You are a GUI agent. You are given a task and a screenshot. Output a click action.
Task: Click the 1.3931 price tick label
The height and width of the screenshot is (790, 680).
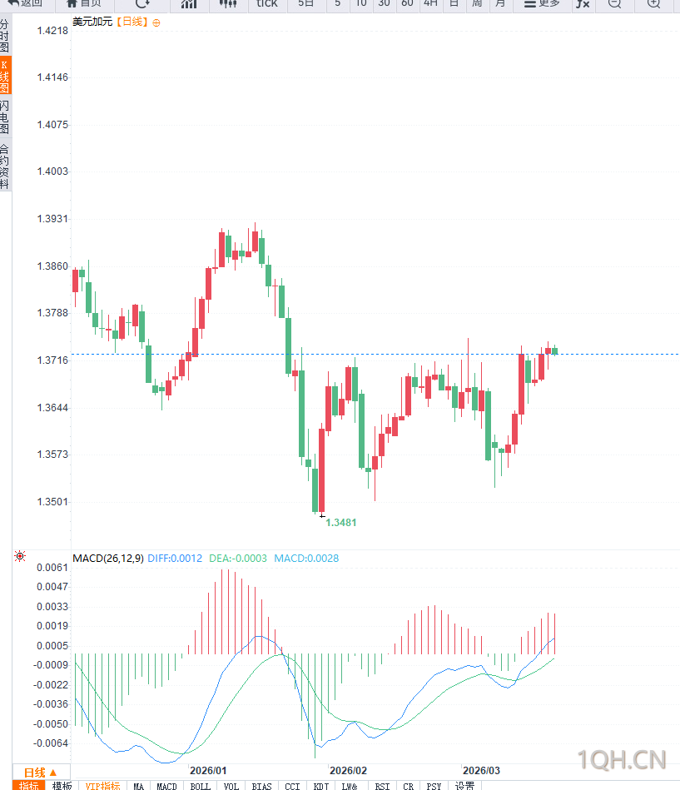point(52,219)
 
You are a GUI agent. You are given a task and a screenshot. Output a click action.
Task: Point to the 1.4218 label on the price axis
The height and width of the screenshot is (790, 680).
point(52,31)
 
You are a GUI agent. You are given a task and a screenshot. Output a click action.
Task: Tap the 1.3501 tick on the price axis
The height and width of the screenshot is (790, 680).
point(52,502)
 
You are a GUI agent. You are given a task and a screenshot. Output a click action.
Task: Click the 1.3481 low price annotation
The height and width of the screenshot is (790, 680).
point(341,523)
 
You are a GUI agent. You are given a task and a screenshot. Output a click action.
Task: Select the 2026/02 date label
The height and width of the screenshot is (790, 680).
point(348,771)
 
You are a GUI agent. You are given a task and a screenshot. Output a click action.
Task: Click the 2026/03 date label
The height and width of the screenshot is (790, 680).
point(481,771)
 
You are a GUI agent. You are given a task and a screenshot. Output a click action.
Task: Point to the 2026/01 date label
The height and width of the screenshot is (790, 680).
point(208,771)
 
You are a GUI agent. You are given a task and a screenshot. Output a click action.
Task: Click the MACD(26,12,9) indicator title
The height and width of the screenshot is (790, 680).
point(107,559)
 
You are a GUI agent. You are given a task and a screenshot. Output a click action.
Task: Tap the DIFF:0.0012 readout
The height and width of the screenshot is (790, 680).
point(175,559)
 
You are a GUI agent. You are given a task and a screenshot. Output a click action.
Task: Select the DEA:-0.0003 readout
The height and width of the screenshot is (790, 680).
point(238,559)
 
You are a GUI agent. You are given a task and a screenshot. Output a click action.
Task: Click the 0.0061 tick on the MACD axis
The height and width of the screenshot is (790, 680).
point(52,568)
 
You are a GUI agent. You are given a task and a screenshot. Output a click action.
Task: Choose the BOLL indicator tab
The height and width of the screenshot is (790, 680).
point(200,786)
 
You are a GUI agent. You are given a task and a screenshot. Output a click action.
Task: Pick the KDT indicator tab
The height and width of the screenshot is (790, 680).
point(320,786)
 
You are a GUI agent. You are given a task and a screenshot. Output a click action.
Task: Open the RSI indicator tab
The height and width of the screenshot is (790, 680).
point(382,786)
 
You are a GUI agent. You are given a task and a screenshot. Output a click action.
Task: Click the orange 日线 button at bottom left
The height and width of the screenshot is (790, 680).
point(40,772)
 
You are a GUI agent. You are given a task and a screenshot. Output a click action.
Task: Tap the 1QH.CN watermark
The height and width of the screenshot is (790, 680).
point(622,759)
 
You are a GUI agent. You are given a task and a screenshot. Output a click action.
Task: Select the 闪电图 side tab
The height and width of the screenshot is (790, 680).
point(5,117)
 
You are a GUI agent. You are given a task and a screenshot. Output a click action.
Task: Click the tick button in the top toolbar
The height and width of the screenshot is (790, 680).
point(267,4)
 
